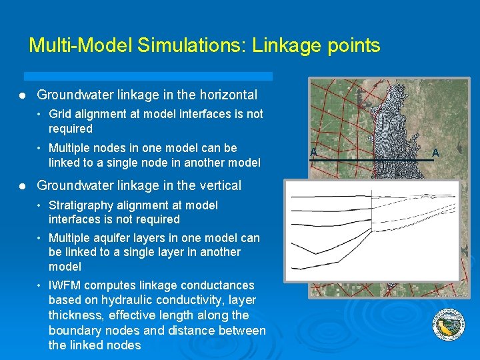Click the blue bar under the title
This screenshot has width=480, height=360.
[148, 76]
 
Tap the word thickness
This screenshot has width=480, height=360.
[75, 315]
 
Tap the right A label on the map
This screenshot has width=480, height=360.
[435, 153]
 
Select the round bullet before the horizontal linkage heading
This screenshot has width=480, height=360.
[22, 95]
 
